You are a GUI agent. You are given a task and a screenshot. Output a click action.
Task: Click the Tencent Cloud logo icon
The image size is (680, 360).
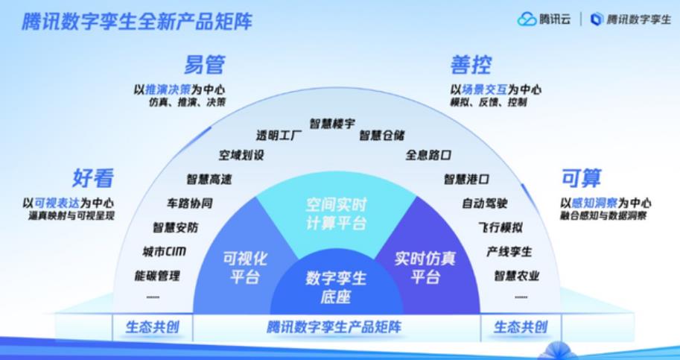click(x=527, y=19)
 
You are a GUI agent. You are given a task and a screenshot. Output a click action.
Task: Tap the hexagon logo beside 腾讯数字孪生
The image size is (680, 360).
click(x=597, y=19)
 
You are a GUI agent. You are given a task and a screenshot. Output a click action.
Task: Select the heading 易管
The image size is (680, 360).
click(x=204, y=65)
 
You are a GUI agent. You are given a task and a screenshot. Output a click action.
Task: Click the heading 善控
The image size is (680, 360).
click(x=471, y=65)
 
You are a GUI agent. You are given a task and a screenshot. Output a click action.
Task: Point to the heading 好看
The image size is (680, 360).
click(x=93, y=178)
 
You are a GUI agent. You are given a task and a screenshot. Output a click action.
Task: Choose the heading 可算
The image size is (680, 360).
click(x=582, y=178)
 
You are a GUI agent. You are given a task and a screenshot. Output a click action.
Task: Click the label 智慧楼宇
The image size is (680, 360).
click(x=332, y=124)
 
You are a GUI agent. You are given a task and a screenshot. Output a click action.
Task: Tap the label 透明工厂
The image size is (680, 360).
click(x=279, y=136)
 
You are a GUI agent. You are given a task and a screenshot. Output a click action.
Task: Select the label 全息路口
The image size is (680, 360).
click(x=428, y=155)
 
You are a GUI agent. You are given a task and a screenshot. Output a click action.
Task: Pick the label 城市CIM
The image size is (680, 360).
click(x=165, y=252)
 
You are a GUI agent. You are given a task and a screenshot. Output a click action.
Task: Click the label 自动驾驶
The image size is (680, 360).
click(x=485, y=203)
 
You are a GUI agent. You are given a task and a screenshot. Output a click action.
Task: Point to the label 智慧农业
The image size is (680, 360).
click(x=517, y=276)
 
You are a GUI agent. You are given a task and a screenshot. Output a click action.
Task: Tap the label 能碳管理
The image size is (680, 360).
click(x=157, y=276)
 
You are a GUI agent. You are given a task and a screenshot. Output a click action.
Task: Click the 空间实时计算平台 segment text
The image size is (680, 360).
click(x=336, y=214)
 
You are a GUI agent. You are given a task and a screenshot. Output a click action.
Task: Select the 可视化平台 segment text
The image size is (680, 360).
click(x=245, y=268)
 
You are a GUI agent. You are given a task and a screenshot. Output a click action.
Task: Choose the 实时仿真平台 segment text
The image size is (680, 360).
click(x=425, y=268)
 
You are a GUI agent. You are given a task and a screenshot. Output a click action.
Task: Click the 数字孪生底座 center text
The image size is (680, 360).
click(x=336, y=287)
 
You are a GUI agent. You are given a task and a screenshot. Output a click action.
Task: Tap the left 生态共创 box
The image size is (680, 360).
click(x=153, y=327)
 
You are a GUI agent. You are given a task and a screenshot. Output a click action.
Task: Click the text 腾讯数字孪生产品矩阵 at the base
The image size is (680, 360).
click(x=334, y=327)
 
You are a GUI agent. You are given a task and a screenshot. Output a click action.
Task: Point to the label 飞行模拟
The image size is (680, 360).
click(x=501, y=227)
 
